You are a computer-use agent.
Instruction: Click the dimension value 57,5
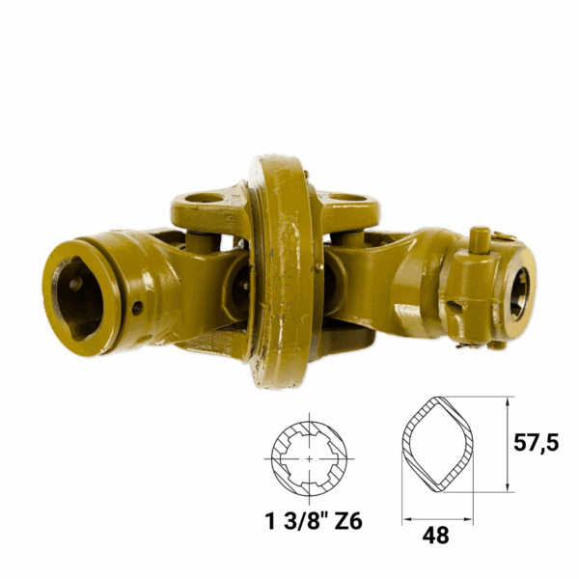click(x=537, y=443)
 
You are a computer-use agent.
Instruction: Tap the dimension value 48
click(x=436, y=535)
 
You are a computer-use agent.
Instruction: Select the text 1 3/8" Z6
click(x=314, y=522)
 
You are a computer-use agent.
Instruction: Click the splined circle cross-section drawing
click(x=309, y=458)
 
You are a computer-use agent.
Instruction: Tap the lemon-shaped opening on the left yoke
click(x=78, y=298)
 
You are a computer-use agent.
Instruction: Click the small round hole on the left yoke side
click(x=137, y=308)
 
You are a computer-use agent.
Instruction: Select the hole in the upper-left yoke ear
click(x=205, y=198)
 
